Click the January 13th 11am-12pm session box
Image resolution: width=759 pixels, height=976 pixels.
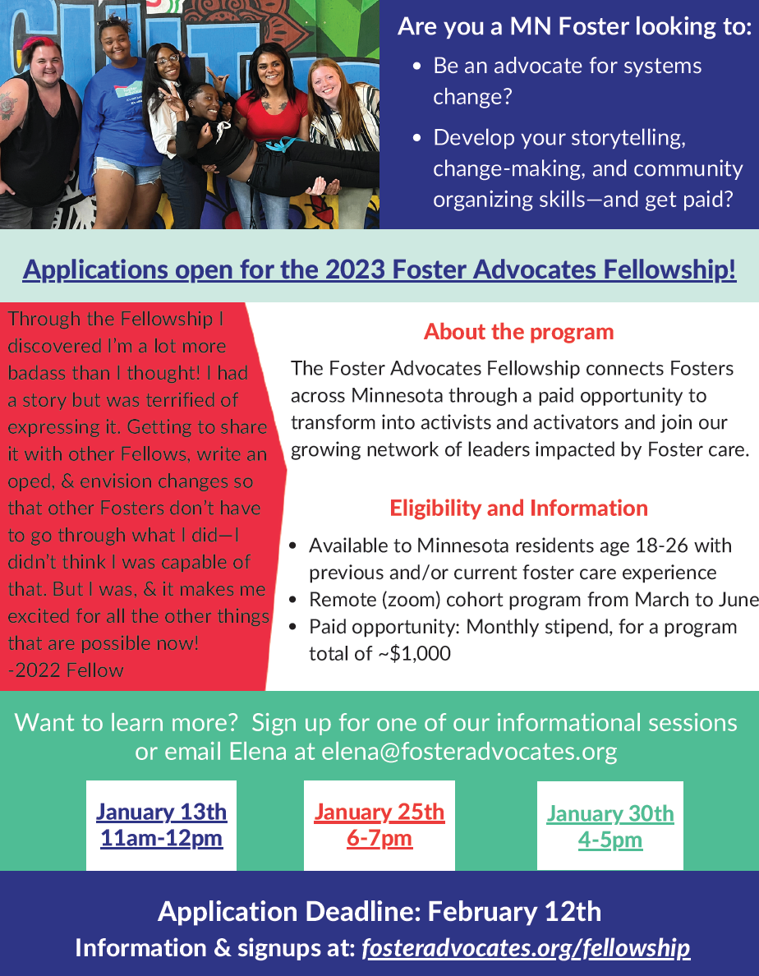click(161, 826)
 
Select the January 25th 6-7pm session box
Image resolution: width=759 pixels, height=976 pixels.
click(379, 826)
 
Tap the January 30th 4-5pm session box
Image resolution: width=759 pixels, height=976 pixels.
click(609, 826)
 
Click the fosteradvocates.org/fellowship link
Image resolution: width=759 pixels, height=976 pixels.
click(526, 948)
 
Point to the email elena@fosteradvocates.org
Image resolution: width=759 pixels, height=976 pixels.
click(469, 751)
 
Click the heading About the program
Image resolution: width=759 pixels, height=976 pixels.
click(518, 332)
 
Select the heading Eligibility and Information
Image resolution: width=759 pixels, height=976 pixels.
click(518, 508)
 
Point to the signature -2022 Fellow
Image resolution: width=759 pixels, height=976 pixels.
click(66, 670)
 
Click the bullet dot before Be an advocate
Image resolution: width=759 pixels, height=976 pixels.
click(417, 66)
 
